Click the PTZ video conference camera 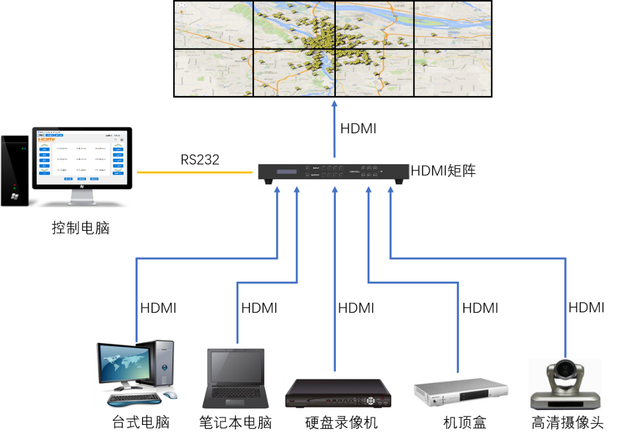[565, 385]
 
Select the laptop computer [234, 378]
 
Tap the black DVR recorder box [338, 394]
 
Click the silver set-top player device [461, 392]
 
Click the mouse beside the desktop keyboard [170, 395]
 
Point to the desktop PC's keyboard [134, 398]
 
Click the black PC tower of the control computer [14, 171]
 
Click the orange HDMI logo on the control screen [46, 139]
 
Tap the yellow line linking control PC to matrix [195, 173]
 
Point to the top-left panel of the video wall [214, 25]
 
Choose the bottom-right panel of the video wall [452, 72]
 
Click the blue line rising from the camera [566, 307]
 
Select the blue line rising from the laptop [238, 312]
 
